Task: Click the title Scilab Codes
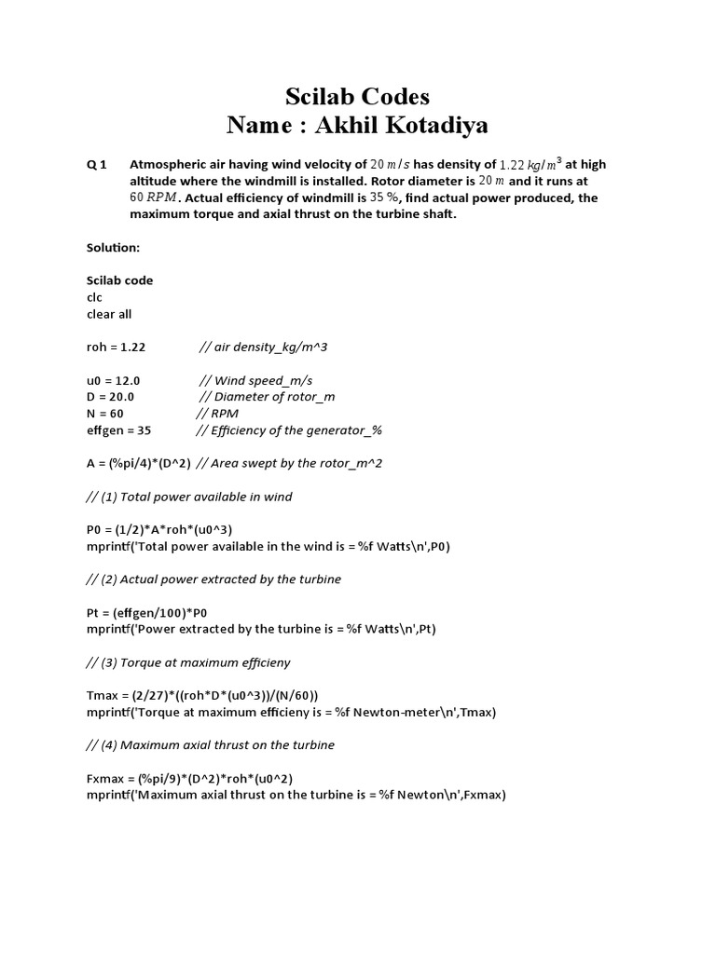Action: (x=357, y=97)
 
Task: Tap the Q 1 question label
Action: (x=97, y=165)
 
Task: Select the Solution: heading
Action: (x=113, y=249)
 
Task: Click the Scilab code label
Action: (x=119, y=280)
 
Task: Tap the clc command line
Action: (x=94, y=297)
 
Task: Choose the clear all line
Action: (x=109, y=314)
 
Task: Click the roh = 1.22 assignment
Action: (x=117, y=347)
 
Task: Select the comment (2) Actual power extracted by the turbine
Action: (x=213, y=579)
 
